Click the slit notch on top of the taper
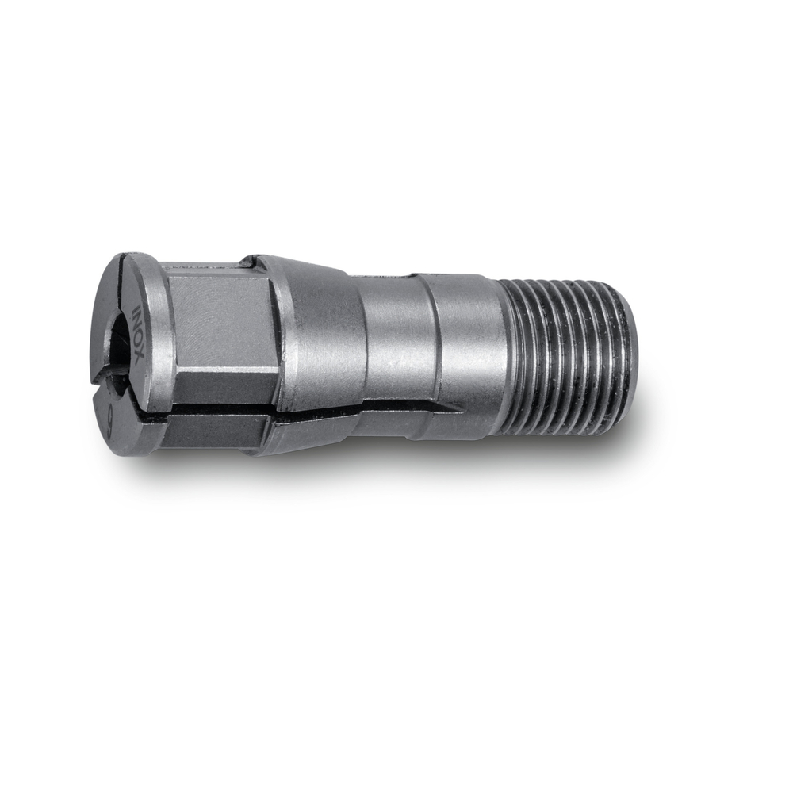pos(250,260)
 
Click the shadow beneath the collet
pos(357,468)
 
